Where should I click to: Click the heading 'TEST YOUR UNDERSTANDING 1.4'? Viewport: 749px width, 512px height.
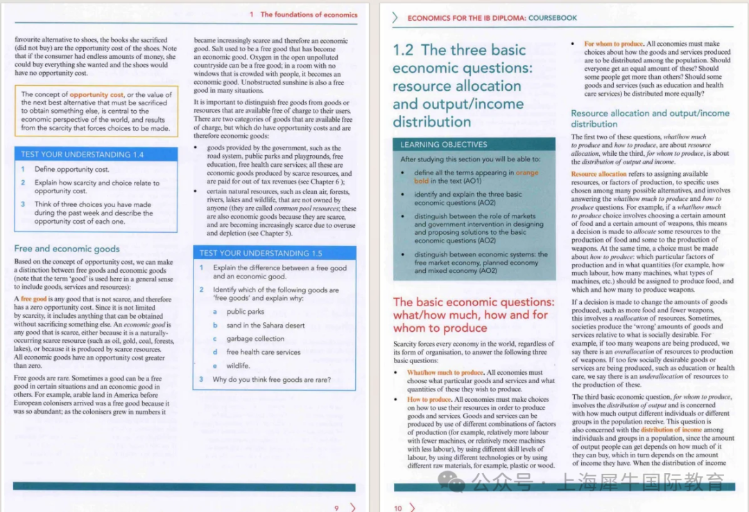click(x=82, y=155)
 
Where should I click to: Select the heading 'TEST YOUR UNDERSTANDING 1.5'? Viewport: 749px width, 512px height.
click(x=261, y=253)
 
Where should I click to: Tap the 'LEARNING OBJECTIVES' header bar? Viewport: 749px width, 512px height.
click(x=444, y=145)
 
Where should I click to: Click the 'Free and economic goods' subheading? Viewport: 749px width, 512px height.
click(x=67, y=249)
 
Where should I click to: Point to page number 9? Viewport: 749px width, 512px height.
click(x=336, y=508)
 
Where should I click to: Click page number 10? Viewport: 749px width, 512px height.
click(x=398, y=508)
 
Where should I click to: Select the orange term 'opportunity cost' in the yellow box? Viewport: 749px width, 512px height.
click(x=96, y=94)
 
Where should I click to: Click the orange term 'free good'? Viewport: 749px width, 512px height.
click(x=33, y=299)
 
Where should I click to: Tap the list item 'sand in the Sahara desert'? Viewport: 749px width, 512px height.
click(x=265, y=326)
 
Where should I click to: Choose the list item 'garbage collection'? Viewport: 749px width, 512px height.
click(x=255, y=339)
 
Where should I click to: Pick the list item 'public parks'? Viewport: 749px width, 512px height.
click(x=245, y=312)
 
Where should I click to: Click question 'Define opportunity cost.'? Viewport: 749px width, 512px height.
click(x=71, y=169)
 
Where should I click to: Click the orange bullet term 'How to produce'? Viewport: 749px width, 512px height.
click(x=429, y=400)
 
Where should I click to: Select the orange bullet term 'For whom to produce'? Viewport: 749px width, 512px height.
click(x=614, y=44)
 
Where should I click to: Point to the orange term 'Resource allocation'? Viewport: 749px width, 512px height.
click(x=599, y=174)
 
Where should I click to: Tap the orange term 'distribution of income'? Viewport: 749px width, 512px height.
click(x=671, y=430)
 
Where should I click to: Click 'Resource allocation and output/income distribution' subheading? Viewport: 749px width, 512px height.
click(x=650, y=118)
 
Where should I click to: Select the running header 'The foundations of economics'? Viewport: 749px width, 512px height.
click(x=309, y=15)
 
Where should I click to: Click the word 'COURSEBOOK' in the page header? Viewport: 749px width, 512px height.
click(x=553, y=18)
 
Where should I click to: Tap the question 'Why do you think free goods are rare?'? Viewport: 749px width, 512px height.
click(x=271, y=380)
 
